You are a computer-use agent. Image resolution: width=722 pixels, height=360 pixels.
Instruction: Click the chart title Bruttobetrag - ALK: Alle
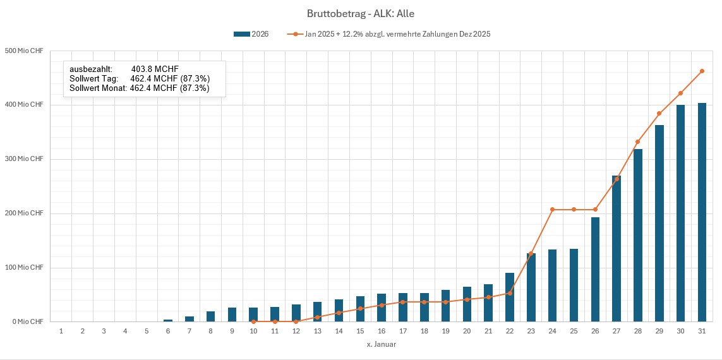361,13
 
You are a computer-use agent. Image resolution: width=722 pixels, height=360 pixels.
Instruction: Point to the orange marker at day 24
552,209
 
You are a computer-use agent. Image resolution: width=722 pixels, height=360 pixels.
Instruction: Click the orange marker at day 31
702,71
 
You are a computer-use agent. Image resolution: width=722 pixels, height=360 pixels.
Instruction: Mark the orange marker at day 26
595,209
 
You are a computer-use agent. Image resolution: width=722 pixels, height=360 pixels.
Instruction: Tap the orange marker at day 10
253,321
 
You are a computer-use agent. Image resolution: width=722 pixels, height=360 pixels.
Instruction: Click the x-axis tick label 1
61,331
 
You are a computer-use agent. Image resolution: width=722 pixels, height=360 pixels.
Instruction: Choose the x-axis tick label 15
360,331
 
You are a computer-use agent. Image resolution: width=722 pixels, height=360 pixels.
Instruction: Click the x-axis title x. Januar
381,344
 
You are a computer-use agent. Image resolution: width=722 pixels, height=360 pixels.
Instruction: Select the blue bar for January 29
659,224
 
